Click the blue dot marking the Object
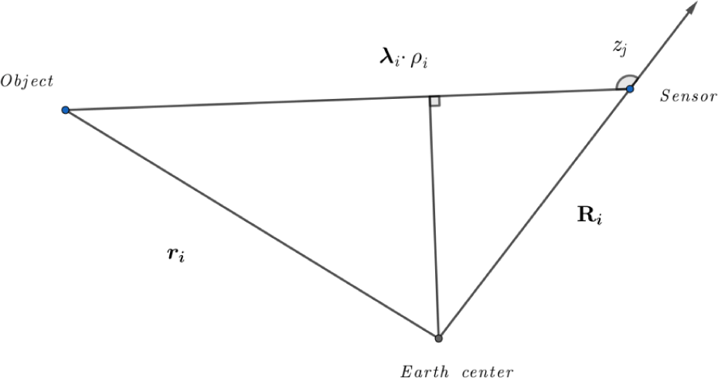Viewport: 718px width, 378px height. [x=66, y=110]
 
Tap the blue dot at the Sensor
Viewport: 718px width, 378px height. [x=630, y=88]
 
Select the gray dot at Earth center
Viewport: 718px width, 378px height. [x=439, y=339]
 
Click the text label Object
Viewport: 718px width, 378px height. [x=27, y=82]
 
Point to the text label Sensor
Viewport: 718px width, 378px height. [x=688, y=96]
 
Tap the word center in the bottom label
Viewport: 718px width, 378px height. [x=488, y=372]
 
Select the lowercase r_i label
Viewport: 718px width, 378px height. [x=176, y=254]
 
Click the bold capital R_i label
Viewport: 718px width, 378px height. [x=590, y=216]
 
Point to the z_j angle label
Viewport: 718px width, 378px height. [x=620, y=49]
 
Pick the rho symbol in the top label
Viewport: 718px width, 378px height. [x=419, y=61]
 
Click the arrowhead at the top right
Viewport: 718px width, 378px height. [x=691, y=9]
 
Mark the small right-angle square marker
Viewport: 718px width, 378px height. [x=434, y=101]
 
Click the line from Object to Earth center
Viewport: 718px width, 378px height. [x=252, y=224]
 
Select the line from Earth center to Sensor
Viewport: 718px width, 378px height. [x=534, y=213]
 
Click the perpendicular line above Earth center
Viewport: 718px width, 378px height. [x=434, y=218]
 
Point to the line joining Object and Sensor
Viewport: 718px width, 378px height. [x=348, y=100]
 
